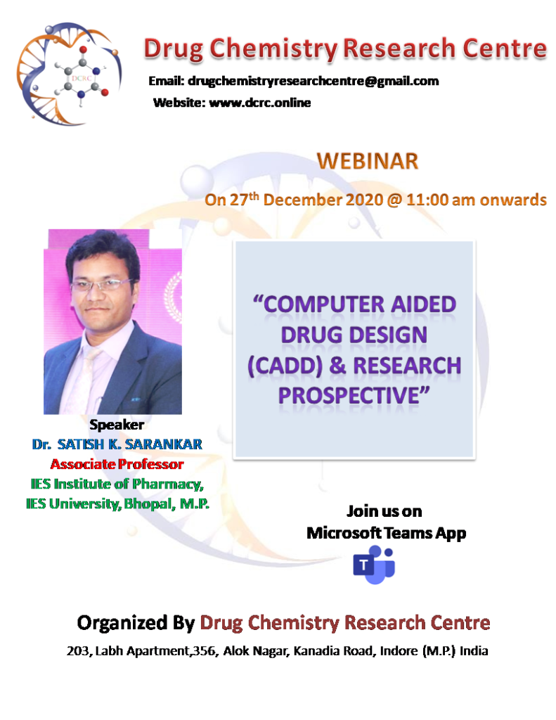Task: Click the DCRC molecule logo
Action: click(69, 73)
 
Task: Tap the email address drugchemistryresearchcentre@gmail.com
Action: click(313, 82)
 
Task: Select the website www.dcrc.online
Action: click(260, 103)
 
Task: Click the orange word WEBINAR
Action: click(368, 161)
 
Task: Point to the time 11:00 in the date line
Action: click(427, 200)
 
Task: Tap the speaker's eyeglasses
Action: click(101, 285)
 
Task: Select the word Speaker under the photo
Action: click(117, 425)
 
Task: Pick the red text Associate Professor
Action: click(117, 464)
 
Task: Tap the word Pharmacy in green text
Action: click(167, 484)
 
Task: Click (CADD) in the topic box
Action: click(285, 366)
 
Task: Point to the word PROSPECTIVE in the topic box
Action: click(349, 395)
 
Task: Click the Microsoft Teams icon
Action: click(374, 565)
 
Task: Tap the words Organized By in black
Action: click(136, 623)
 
